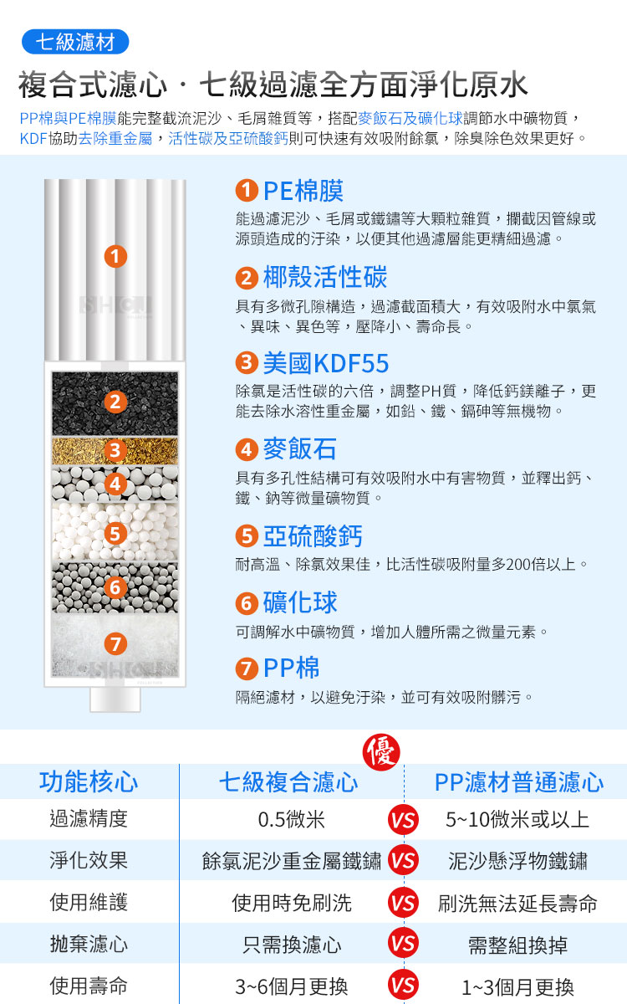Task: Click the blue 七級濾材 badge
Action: coord(75,42)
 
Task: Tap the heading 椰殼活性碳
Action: coord(325,277)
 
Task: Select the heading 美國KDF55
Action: coord(325,363)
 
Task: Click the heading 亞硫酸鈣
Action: coord(313,536)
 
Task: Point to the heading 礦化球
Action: coord(300,602)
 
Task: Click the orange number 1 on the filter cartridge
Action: coord(115,256)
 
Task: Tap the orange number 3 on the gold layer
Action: coord(115,450)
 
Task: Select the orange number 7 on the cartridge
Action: coord(115,644)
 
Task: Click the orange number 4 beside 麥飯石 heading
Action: coord(247,449)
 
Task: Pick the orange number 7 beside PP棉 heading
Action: coord(247,669)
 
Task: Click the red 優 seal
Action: coord(381,752)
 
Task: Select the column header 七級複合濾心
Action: coord(288,782)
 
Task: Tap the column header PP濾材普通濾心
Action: coord(519,782)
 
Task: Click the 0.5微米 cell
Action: coord(291,820)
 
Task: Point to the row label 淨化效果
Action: coord(89,860)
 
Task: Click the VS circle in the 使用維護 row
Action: coord(403,903)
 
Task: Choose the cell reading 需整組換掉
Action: coord(517,945)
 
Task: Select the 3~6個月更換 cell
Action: coord(292,986)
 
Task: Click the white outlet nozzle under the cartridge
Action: coord(115,699)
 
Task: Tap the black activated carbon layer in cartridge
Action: coord(115,403)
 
